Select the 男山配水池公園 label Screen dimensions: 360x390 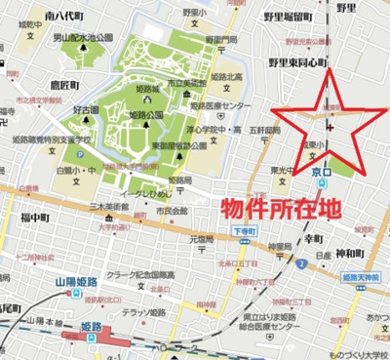click(x=83, y=37)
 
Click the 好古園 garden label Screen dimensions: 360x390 click(x=84, y=111)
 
